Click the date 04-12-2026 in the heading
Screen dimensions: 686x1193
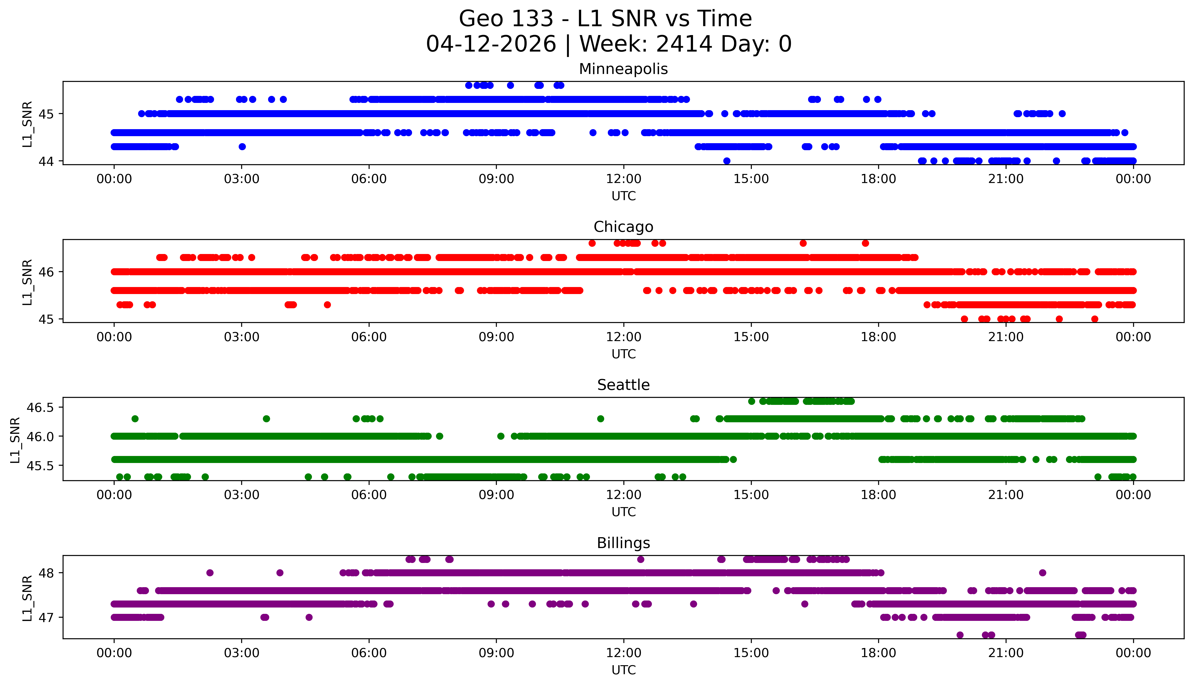click(x=491, y=44)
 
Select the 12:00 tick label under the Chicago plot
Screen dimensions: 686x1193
click(x=623, y=337)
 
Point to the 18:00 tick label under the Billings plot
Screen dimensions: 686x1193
click(x=878, y=653)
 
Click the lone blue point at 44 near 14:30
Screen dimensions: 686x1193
click(x=726, y=161)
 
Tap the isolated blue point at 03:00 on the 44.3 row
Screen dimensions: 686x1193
click(x=242, y=147)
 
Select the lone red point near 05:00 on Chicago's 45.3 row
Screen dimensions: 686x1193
click(x=327, y=305)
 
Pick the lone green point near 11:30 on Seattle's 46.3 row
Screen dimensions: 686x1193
click(x=600, y=418)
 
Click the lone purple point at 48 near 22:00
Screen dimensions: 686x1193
click(x=1042, y=573)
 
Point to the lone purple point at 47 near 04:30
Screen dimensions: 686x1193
click(x=309, y=617)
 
